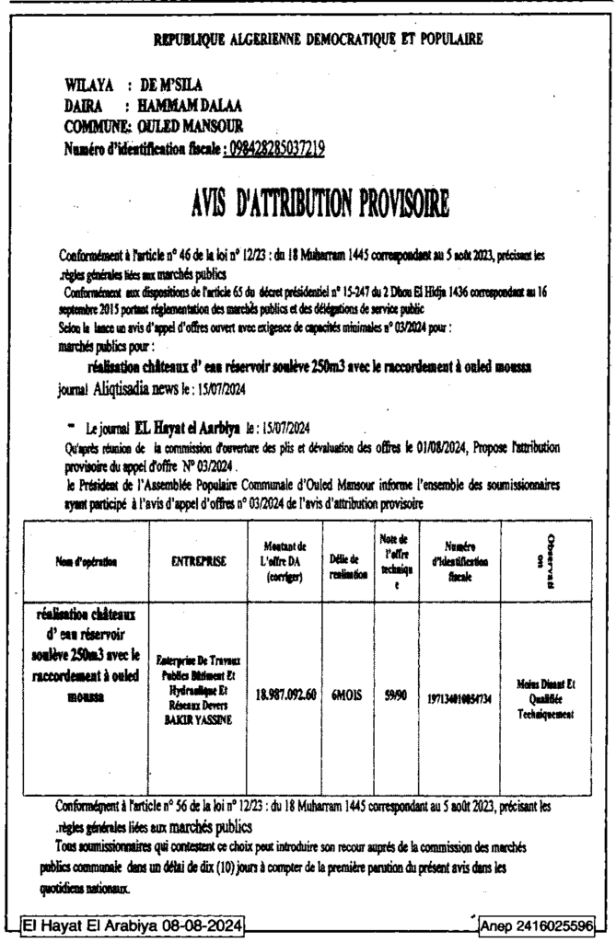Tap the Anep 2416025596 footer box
click(x=534, y=924)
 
